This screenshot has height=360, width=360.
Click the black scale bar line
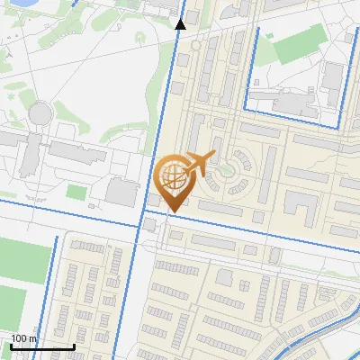[42, 346]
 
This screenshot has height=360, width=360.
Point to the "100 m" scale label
[24, 338]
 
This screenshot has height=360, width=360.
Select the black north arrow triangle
[180, 24]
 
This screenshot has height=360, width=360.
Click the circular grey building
[40, 112]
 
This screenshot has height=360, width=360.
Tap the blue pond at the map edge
[13, 4]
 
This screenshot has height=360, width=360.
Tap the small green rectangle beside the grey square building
[76, 192]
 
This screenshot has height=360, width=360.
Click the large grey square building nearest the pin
[121, 191]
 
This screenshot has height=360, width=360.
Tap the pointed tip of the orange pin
[172, 210]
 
